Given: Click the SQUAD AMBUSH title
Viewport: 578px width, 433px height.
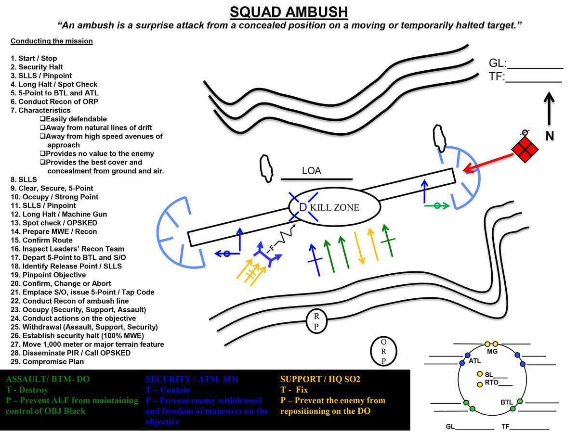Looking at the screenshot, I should coord(289,11).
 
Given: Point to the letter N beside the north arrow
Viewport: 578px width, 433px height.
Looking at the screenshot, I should coord(550,137).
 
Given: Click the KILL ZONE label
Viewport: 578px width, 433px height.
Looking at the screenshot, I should coord(334,208).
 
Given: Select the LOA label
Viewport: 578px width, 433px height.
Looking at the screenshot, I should coord(311,171).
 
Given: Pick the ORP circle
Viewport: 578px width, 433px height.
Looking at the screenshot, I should coord(383,351).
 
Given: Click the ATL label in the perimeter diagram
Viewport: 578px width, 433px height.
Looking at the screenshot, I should coord(475,361).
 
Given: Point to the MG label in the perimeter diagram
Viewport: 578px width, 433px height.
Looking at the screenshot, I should coord(492,352).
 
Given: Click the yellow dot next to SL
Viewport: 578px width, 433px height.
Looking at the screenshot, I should coord(479,374).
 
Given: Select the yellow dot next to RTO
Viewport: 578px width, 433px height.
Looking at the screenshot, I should coord(479,384).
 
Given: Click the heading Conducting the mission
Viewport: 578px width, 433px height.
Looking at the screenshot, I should coord(52,41).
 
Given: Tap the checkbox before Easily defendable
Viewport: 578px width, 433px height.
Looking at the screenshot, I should coord(42,119).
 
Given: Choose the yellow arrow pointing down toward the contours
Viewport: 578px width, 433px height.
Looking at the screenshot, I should coord(359,248).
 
